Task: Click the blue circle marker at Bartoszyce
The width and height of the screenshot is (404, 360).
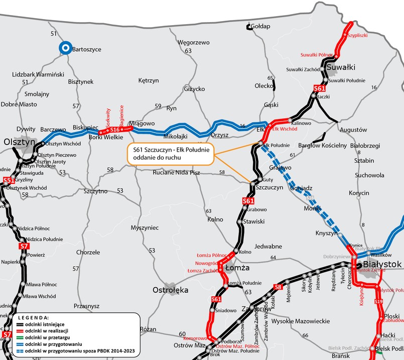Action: pyautogui.click(x=64, y=48)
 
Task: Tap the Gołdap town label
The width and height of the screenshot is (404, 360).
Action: pyautogui.click(x=260, y=26)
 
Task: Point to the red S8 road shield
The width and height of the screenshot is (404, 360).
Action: pyautogui.click(x=278, y=287)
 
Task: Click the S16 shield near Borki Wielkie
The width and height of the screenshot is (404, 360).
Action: pyautogui.click(x=114, y=130)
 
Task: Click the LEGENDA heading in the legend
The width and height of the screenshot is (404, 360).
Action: pyautogui.click(x=33, y=318)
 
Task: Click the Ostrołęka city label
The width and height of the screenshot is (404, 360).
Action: pyautogui.click(x=170, y=290)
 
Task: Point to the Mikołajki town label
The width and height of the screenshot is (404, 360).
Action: pyautogui.click(x=175, y=136)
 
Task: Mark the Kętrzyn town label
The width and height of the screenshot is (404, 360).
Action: pyautogui.click(x=148, y=80)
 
